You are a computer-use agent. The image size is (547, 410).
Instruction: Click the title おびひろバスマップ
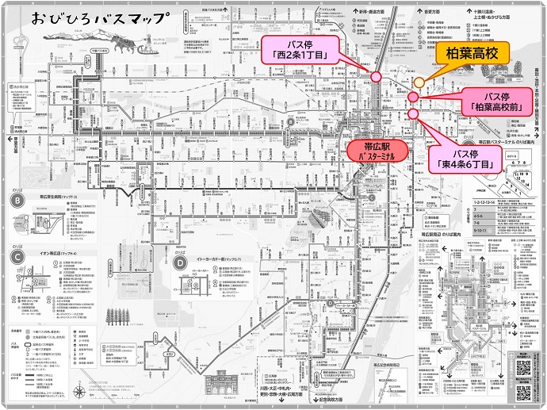[101, 17]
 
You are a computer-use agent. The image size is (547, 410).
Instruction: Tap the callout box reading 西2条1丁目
[303, 48]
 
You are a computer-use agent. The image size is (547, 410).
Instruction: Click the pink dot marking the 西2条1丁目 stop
[377, 76]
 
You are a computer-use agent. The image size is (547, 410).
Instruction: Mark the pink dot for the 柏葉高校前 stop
[414, 97]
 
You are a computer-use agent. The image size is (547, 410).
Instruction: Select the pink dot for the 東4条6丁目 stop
[414, 113]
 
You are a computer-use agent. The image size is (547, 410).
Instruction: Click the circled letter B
[17, 201]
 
